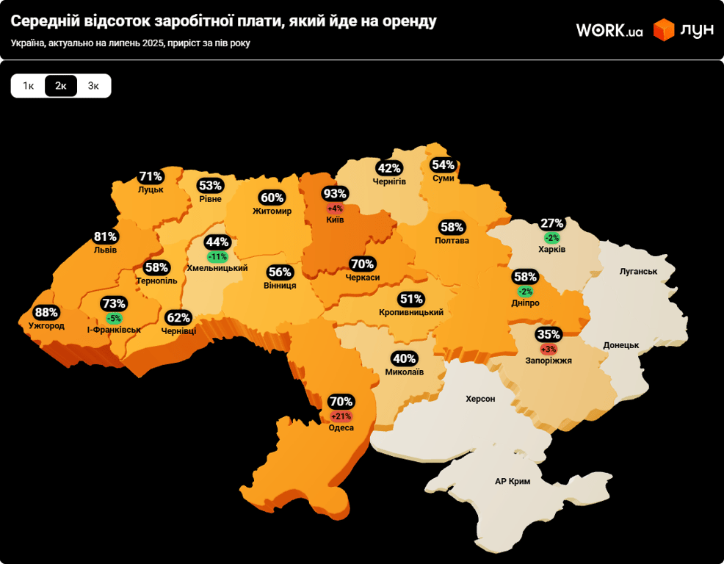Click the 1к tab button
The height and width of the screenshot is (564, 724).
28,86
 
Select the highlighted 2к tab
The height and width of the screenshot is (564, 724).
61,86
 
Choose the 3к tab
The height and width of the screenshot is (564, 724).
93,86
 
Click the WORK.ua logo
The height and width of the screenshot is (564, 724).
609,30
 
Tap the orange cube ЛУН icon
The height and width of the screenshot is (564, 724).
664,30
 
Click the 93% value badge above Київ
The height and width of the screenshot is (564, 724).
335,194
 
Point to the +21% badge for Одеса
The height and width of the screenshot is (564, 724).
341,416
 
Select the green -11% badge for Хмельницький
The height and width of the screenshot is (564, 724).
217,256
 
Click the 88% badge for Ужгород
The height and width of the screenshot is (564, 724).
46,312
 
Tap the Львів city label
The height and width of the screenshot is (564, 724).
105,250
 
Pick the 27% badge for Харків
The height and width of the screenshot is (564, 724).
551,223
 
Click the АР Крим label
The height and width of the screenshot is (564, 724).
513,481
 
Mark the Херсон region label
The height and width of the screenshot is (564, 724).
480,399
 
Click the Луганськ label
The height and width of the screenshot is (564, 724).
638,271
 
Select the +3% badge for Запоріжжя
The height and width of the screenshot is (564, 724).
549,348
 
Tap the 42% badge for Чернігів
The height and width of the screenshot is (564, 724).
389,167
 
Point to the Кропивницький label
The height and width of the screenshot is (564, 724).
411,312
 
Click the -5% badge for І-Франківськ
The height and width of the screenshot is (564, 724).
114,318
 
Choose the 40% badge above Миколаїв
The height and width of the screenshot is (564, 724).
405,358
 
